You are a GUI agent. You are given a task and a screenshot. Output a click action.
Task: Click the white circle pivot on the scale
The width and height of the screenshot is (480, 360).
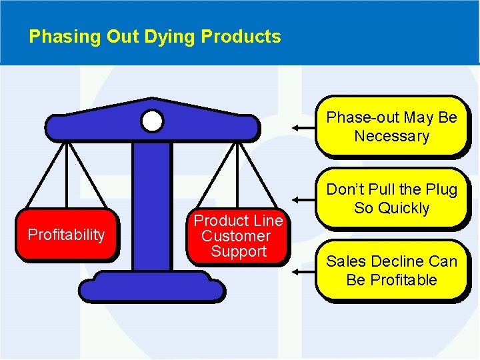click(152, 121)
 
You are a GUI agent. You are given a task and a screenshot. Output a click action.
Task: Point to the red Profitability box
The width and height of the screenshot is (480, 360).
click(66, 235)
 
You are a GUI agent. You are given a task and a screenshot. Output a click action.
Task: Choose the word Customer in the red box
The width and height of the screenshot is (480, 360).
click(235, 236)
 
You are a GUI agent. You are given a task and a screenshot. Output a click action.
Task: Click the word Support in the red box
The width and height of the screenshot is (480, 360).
click(238, 251)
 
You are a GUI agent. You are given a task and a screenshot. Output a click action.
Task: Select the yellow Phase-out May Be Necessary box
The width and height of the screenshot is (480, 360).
click(391, 126)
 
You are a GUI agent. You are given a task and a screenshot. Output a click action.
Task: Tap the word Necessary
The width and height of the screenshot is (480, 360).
click(391, 136)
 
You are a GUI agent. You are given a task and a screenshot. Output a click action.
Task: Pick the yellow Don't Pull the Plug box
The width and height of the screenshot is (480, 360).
click(391, 199)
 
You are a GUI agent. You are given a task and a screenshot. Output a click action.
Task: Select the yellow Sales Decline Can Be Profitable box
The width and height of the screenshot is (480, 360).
click(391, 270)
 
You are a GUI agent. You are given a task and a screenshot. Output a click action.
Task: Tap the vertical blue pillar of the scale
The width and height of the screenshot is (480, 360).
click(151, 200)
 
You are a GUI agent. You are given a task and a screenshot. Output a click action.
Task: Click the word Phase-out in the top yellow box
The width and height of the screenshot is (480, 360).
click(358, 117)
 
